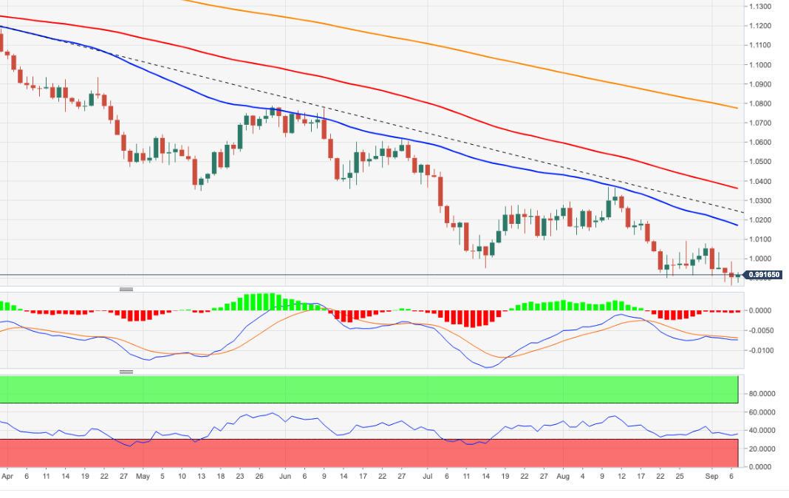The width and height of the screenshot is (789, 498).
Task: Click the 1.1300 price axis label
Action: [x=759, y=7]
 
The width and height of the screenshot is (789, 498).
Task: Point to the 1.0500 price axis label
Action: [x=759, y=162]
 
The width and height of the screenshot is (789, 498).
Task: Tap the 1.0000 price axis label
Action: [x=759, y=259]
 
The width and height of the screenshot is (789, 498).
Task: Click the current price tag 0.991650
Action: [x=761, y=276]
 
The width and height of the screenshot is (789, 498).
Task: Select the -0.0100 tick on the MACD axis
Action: [x=761, y=350]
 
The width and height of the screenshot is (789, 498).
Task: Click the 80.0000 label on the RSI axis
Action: [x=762, y=394]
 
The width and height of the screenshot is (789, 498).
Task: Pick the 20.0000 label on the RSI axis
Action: [x=762, y=449]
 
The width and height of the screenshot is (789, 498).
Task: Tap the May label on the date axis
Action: [x=143, y=477]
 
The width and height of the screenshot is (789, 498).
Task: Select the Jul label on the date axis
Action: [x=426, y=477]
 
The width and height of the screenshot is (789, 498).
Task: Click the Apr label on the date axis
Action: [x=7, y=477]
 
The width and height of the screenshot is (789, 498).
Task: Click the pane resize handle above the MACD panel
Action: [x=126, y=289]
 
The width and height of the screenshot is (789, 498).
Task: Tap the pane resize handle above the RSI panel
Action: [x=126, y=372]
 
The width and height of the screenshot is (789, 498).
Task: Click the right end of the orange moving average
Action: [x=737, y=108]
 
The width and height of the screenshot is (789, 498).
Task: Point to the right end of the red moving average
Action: [x=737, y=188]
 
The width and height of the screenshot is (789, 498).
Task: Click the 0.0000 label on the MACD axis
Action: [x=761, y=311]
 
